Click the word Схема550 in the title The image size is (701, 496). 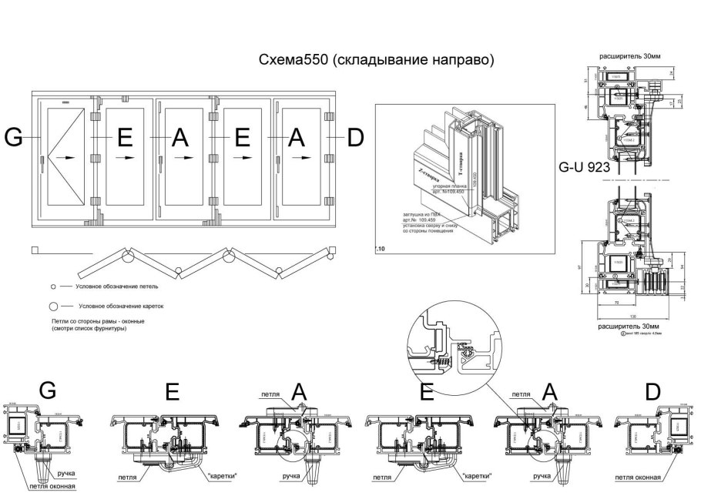coord(296,60)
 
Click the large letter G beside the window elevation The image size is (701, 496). coord(14,137)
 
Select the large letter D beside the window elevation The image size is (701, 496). coord(354,137)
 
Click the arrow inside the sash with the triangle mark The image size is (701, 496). coord(69,158)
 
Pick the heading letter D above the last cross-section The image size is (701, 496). coord(652,392)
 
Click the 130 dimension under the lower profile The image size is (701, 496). coord(633,316)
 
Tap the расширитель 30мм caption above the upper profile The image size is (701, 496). coord(629,56)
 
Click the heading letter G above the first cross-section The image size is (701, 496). coord(47,390)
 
